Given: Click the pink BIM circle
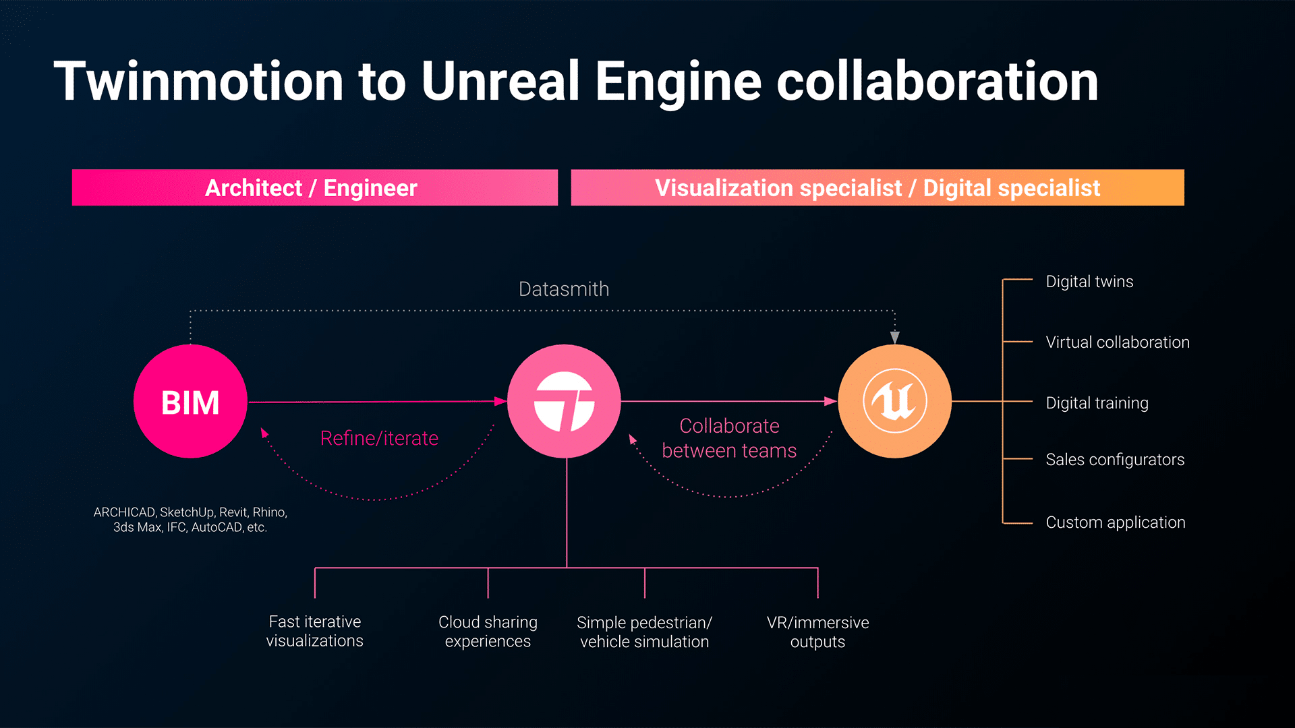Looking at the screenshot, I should coord(190,402).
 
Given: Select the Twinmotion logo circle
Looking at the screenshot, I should coord(564,402).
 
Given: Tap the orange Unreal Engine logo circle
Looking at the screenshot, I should coord(894,402).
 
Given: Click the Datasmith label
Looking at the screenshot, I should coord(564,289).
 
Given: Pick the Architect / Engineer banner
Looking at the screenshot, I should coord(314,187).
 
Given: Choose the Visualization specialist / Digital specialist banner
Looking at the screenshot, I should coord(877,187).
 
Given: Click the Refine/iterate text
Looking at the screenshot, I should coord(379,438).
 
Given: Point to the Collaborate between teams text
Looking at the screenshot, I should coord(729,438).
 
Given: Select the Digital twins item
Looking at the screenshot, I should coord(1089,282).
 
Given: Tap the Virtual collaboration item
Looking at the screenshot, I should coord(1117,342).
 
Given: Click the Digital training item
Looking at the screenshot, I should coord(1097,403).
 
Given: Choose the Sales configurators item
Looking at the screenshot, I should coord(1114,460).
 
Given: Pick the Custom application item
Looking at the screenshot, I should coord(1115,522).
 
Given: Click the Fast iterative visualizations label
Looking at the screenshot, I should coord(314,631).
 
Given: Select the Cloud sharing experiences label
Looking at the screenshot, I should coord(488,632).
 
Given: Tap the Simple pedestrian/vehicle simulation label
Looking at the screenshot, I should coord(644,632).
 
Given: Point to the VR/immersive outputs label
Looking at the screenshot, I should coord(817,632).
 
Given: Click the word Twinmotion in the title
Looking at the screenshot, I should coord(199,82).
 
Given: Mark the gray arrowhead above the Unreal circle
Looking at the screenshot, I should coord(894,337).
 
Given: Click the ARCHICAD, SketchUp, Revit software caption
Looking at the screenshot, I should coord(190,520).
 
